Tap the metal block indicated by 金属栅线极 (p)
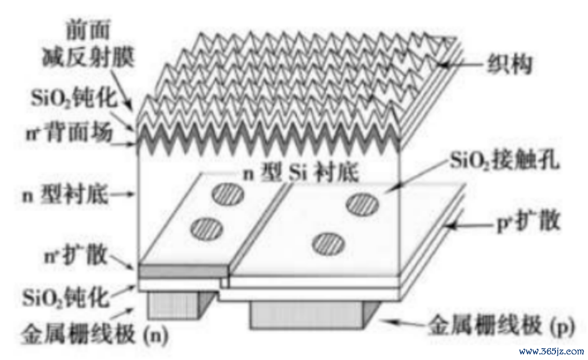click(306, 315)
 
